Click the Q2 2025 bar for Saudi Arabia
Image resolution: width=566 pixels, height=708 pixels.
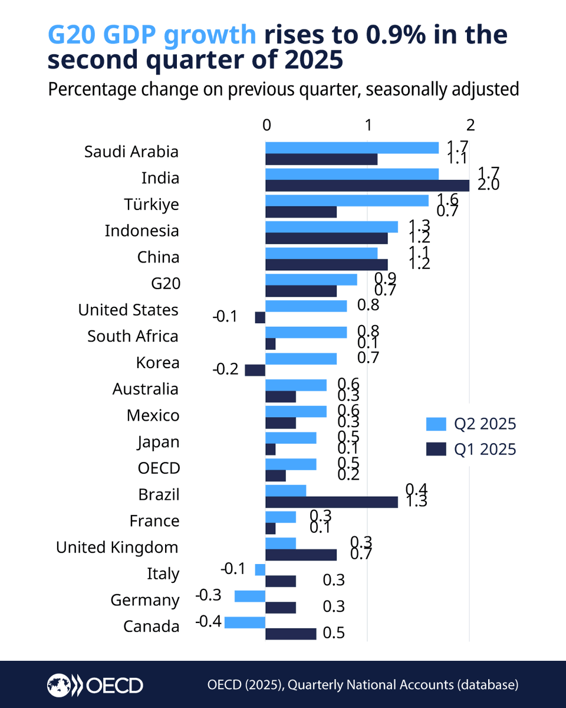pos(352,147)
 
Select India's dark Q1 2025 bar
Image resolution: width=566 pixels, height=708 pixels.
pos(367,185)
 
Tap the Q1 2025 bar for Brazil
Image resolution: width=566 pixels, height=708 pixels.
pos(331,502)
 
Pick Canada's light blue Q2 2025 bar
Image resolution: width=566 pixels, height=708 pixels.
pos(245,622)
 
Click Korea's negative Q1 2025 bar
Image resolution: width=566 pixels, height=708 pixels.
pos(255,370)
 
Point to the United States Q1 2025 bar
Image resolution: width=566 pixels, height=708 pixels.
pos(260,317)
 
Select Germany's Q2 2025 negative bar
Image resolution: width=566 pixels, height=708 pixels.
pos(250,596)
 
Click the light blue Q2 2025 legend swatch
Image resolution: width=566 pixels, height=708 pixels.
pos(435,424)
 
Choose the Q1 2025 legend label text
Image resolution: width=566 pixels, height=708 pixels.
pos(485,450)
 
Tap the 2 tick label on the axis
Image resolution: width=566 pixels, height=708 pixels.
pos(470,125)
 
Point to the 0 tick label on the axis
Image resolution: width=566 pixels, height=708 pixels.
pos(266,125)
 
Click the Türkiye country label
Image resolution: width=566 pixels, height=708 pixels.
pos(152,205)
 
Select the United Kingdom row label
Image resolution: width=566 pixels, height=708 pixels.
pos(117,548)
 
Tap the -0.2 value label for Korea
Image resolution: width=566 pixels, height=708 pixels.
pos(225,370)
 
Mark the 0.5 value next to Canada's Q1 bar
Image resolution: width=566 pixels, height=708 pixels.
pos(334,634)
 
